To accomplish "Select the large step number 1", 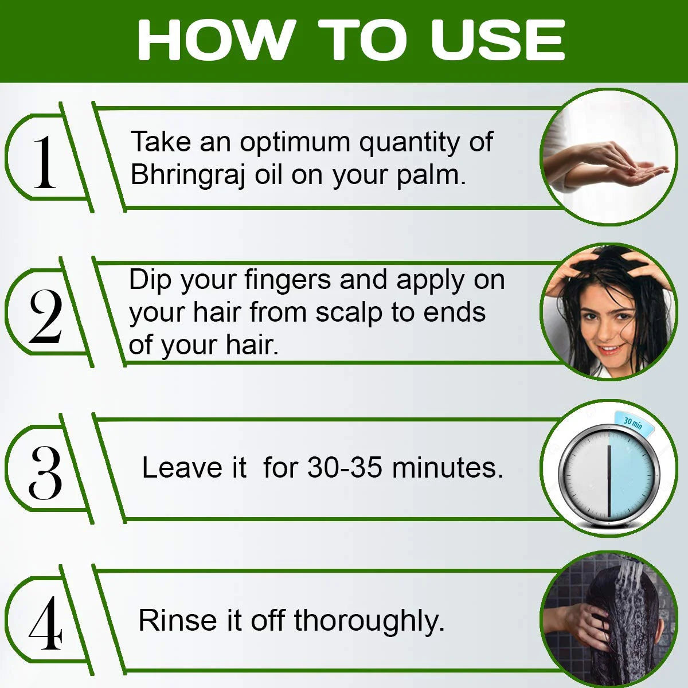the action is coord(45,162).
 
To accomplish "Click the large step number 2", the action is coord(45,316).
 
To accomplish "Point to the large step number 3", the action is coord(45,472).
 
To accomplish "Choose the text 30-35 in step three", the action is coord(345,467).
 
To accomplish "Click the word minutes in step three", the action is coord(448,467).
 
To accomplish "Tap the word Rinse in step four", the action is coord(177,620).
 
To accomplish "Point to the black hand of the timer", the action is coord(609,481).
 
